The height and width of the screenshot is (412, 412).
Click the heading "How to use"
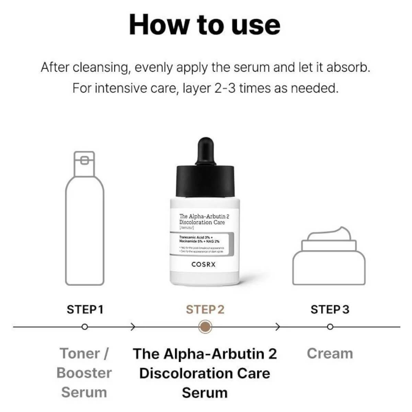pos(205,25)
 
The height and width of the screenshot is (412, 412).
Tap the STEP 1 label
pos(85,309)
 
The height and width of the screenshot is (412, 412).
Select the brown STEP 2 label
pos(205,309)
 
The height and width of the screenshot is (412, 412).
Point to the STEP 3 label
pos(330,309)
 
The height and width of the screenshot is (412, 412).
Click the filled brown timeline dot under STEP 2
pos(205,327)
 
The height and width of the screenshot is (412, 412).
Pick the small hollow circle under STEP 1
pos(85,327)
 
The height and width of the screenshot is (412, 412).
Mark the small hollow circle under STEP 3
pos(330,327)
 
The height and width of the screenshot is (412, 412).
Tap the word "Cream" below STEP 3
pos(330,353)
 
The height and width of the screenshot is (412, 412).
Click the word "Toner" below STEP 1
pos(80,353)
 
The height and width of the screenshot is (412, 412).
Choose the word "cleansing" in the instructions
pos(102,67)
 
